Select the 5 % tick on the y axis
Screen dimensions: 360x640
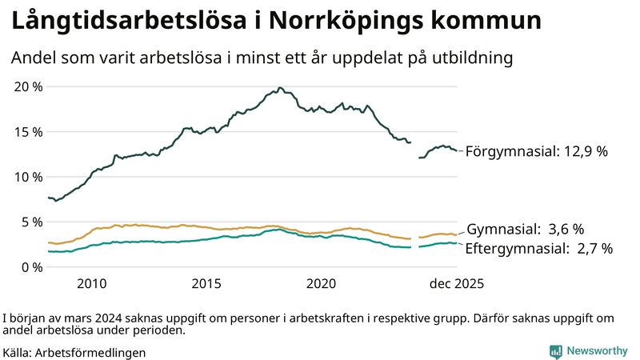pyautogui.click(x=30, y=222)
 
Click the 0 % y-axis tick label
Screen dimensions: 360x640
pyautogui.click(x=30, y=267)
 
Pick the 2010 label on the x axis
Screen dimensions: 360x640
pyautogui.click(x=92, y=284)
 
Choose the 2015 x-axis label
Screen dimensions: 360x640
pyautogui.click(x=206, y=284)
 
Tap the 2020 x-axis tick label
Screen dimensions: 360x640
pyautogui.click(x=322, y=284)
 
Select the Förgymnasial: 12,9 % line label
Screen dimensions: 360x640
pyautogui.click(x=536, y=151)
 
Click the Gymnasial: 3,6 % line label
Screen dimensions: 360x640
pyautogui.click(x=525, y=229)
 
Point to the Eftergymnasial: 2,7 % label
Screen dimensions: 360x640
pyautogui.click(x=538, y=249)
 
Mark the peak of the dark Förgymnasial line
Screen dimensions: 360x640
pyautogui.click(x=279, y=88)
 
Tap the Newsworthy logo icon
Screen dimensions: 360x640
pyautogui.click(x=555, y=350)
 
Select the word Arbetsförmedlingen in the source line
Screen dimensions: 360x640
pyautogui.click(x=90, y=352)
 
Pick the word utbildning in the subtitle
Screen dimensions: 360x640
pyautogui.click(x=473, y=58)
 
